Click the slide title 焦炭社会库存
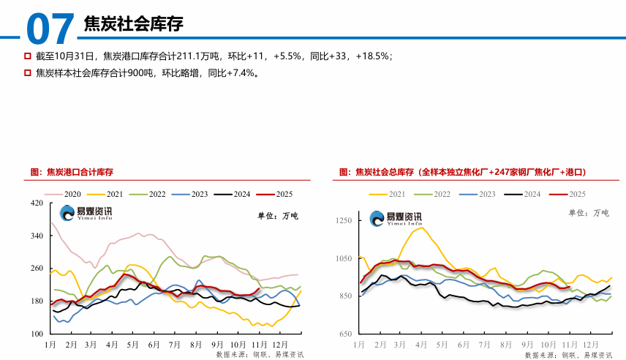134,23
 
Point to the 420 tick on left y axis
36,203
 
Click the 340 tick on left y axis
36,236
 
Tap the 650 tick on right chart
345,334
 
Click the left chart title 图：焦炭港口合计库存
72,173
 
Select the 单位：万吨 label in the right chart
589,213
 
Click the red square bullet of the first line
27,56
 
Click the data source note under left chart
260,354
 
